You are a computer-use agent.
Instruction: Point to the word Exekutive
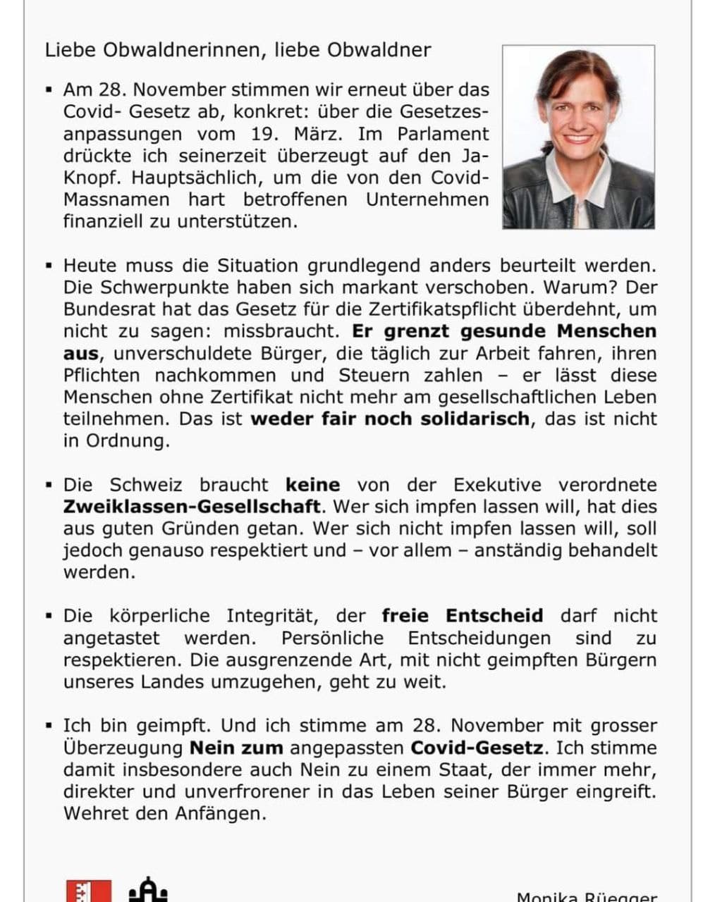point(497,485)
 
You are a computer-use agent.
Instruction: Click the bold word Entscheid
point(494,616)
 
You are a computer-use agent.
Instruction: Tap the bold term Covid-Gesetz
point(477,748)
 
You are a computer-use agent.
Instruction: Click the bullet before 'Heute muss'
point(49,266)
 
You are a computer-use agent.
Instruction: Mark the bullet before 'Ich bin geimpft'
point(49,726)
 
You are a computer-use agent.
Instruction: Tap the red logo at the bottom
point(89,891)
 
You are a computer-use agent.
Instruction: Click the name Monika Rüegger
point(587,896)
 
